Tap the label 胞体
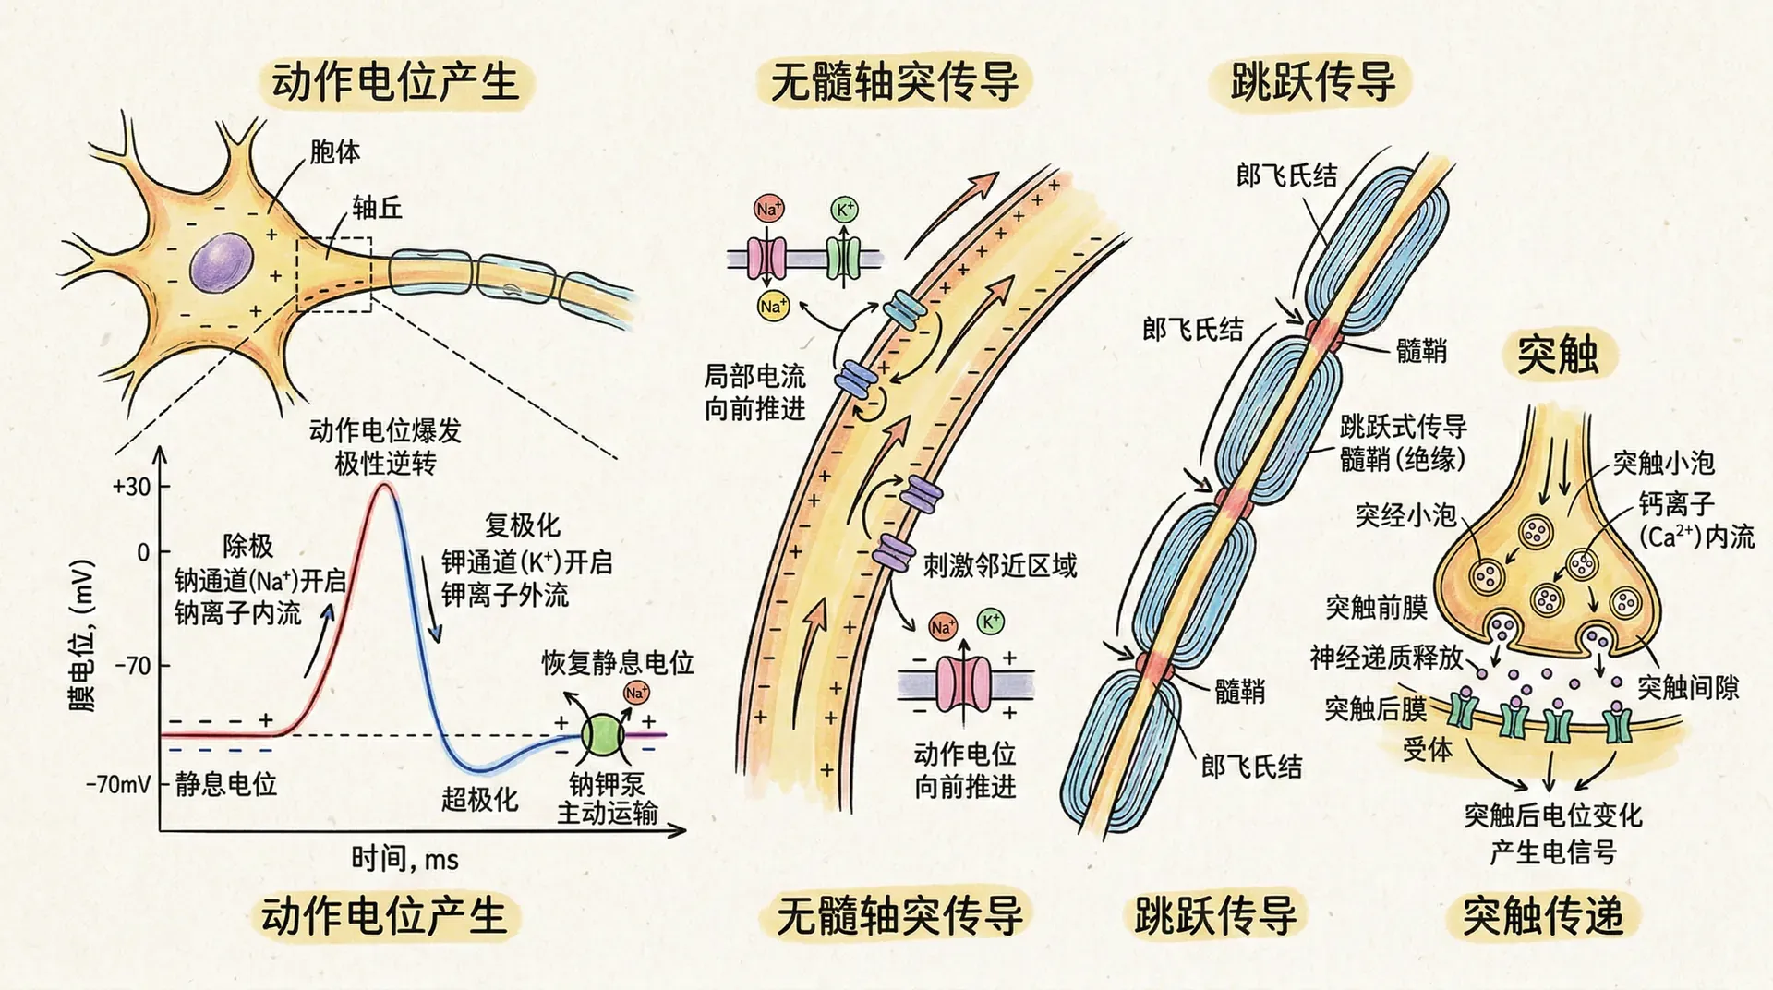[x=334, y=151]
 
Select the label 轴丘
[x=377, y=208]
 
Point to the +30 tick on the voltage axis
[x=132, y=487]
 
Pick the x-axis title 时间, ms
[x=404, y=859]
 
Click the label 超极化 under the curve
[x=478, y=799]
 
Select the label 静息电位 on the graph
[x=225, y=784]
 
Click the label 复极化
[x=522, y=525]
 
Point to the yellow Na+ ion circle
[x=772, y=305]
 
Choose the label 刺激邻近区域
[x=1000, y=565]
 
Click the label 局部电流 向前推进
[x=754, y=392]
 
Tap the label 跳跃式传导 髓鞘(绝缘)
[x=1403, y=442]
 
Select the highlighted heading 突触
[x=1557, y=355]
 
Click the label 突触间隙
[x=1687, y=687]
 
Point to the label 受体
[x=1428, y=749]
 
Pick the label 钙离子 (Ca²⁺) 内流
[x=1695, y=520]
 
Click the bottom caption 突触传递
[x=1542, y=915]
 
